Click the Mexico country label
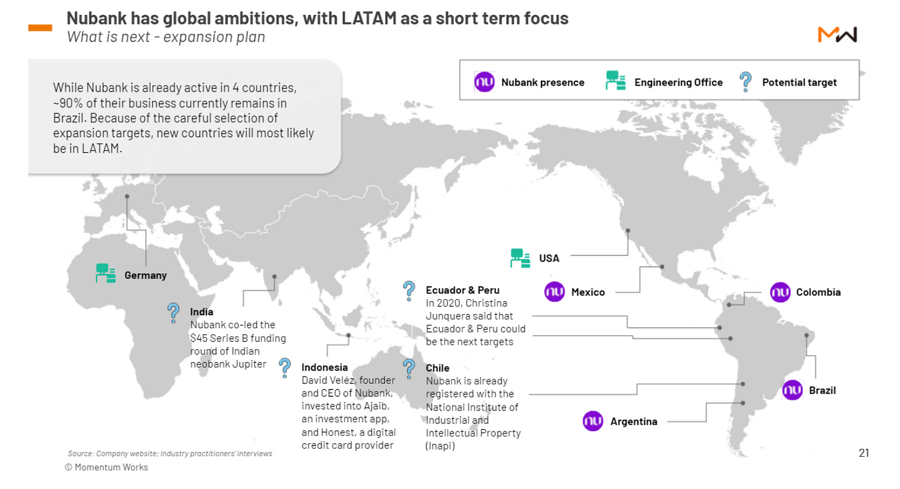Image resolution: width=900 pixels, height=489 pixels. [588, 292]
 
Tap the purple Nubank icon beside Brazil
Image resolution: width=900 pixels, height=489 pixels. [792, 390]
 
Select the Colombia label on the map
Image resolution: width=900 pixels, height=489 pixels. [818, 292]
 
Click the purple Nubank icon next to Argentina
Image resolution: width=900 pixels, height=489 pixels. [593, 421]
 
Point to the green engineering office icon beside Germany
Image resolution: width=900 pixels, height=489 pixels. [106, 273]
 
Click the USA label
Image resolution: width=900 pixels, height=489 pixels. [549, 258]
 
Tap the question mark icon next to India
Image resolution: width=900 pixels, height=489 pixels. [174, 313]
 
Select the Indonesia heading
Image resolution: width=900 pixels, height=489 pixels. [325, 367]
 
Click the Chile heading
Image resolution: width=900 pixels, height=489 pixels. [438, 368]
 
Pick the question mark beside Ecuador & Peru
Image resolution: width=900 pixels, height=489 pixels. [409, 291]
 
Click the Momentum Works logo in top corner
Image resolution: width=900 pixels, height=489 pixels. [838, 35]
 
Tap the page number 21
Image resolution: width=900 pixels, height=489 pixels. [864, 453]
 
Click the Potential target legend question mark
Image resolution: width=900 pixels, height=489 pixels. [746, 82]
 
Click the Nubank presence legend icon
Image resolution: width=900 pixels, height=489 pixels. [484, 82]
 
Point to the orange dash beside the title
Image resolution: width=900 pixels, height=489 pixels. [40, 27]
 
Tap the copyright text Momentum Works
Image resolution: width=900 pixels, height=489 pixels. [107, 467]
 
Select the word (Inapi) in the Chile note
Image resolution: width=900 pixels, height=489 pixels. [440, 446]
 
